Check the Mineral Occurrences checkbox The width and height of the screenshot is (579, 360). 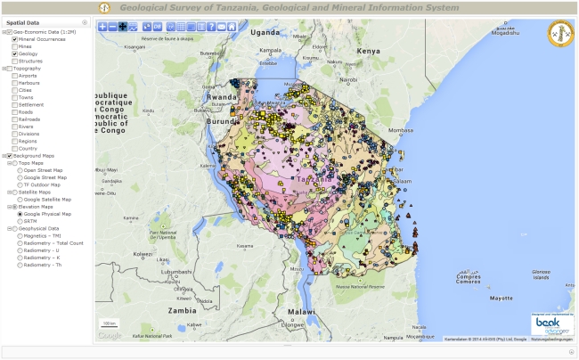(14, 39)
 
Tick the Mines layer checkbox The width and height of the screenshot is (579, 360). (14, 46)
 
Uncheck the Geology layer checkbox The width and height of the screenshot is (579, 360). (14, 53)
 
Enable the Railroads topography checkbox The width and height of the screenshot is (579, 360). (14, 119)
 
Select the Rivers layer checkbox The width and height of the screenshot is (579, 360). (14, 126)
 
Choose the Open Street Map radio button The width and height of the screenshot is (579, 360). (20, 169)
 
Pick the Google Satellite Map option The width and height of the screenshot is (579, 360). (20, 199)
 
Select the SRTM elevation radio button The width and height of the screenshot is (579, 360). (20, 220)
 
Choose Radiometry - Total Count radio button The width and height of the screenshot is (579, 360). (20, 242)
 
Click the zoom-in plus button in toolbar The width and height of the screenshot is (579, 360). (102, 27)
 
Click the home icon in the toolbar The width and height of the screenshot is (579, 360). (232, 27)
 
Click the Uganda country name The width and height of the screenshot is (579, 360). (265, 32)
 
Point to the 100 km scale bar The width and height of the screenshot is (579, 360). (109, 323)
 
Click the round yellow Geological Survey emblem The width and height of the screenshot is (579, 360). (559, 35)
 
